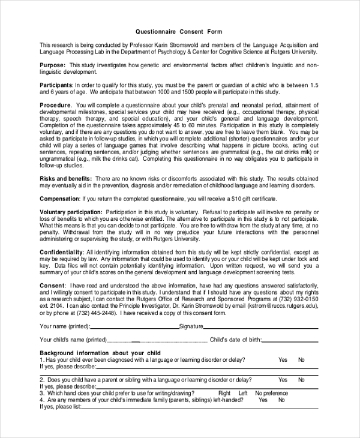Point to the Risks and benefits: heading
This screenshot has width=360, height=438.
coord(66,178)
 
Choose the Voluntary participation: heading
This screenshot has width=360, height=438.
coord(71,212)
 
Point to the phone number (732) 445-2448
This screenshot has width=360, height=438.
coord(93,312)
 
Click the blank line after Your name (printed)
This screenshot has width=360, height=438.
coord(134,327)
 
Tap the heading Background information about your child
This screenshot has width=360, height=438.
coord(100,353)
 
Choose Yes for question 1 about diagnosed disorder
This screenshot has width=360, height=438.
coord(283,359)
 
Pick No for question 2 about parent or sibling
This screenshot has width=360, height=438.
coord(301,380)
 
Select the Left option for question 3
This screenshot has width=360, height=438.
coord(242,393)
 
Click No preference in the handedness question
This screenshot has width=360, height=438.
coord(271,393)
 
